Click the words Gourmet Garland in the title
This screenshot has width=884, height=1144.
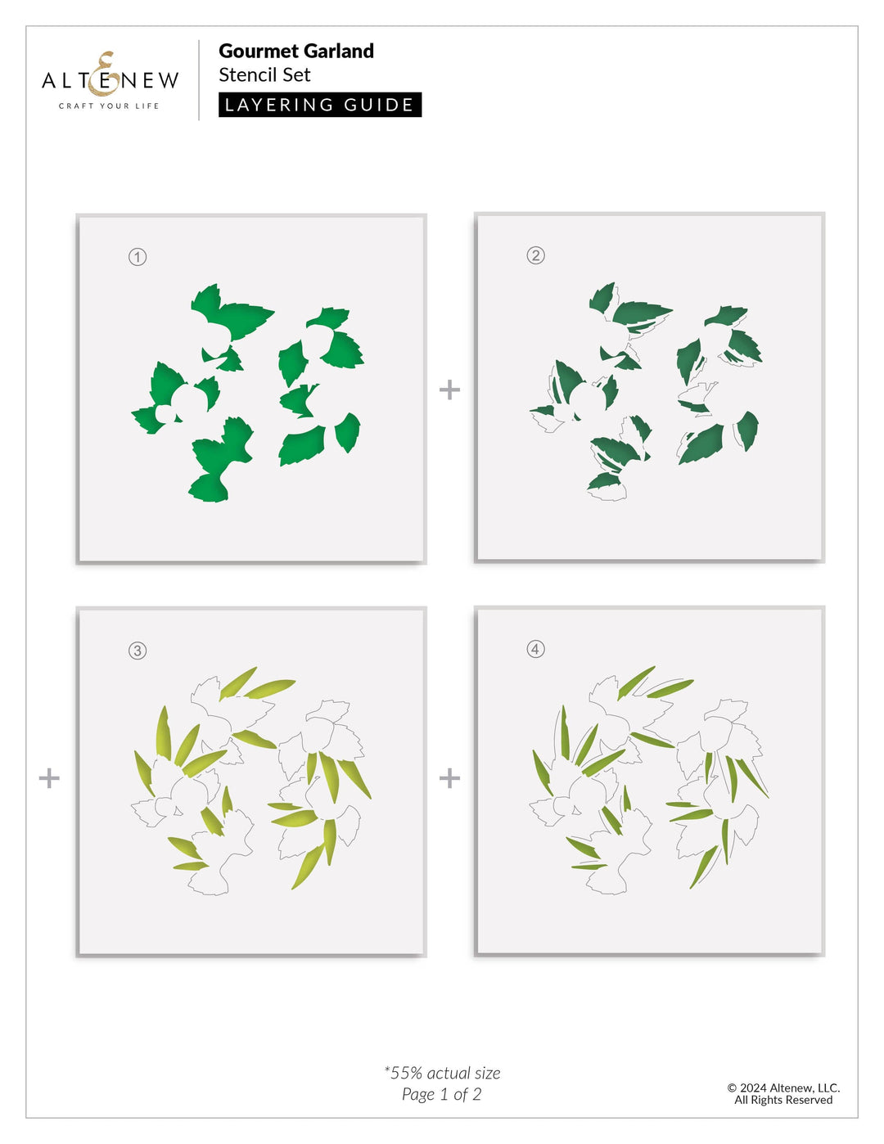click(x=295, y=51)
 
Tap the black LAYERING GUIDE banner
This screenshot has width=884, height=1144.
click(x=319, y=105)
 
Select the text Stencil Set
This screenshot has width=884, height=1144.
click(x=264, y=75)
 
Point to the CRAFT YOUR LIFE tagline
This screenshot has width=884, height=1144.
click(x=109, y=106)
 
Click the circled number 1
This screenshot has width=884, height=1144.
click(x=138, y=257)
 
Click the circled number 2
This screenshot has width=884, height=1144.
click(x=535, y=255)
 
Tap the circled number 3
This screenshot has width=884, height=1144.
click(x=138, y=651)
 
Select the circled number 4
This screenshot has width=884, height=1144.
click(x=535, y=649)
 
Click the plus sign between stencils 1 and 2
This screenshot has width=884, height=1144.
click(x=449, y=390)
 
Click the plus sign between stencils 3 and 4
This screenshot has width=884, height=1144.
click(x=449, y=777)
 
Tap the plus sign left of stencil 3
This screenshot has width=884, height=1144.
click(x=49, y=777)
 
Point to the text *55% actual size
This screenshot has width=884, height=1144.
click(x=442, y=1073)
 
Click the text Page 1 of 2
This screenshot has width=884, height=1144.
click(x=442, y=1094)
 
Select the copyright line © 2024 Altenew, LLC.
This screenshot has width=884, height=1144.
click(x=783, y=1088)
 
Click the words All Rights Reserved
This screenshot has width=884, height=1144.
click(x=783, y=1100)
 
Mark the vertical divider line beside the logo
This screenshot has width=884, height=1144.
click(x=199, y=80)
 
